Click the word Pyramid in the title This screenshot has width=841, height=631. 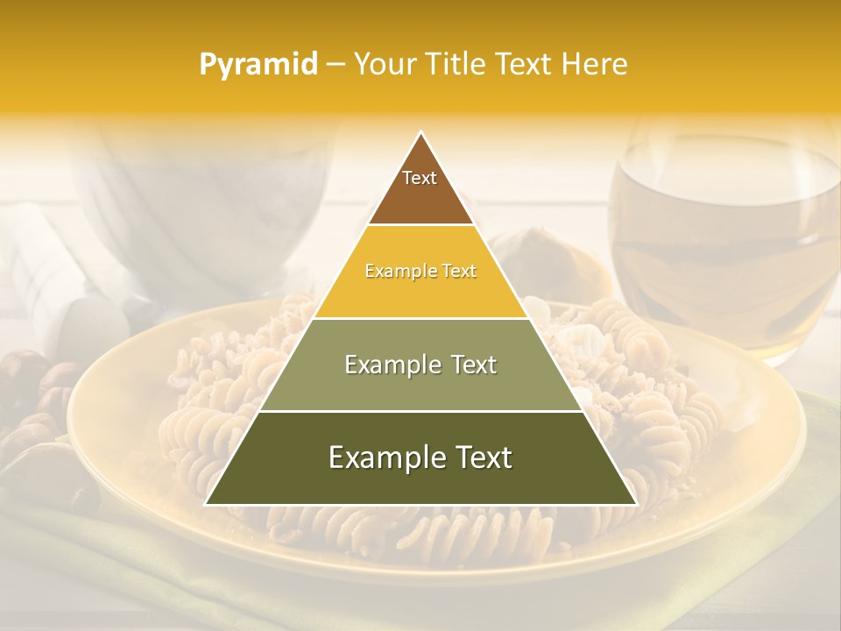258,65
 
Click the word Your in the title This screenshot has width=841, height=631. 384,65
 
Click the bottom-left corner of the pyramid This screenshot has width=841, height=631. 207,504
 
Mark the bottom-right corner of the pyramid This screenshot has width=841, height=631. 635,504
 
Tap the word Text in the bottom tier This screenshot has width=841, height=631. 477,457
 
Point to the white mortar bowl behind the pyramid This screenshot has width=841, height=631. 201,193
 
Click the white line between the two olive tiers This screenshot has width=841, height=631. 420,411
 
